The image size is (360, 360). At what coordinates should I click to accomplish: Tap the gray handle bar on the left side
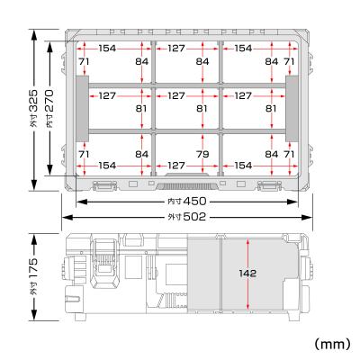point(79,108)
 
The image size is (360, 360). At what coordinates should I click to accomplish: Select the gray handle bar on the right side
point(292,108)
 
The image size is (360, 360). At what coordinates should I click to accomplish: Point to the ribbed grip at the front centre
point(186,185)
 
